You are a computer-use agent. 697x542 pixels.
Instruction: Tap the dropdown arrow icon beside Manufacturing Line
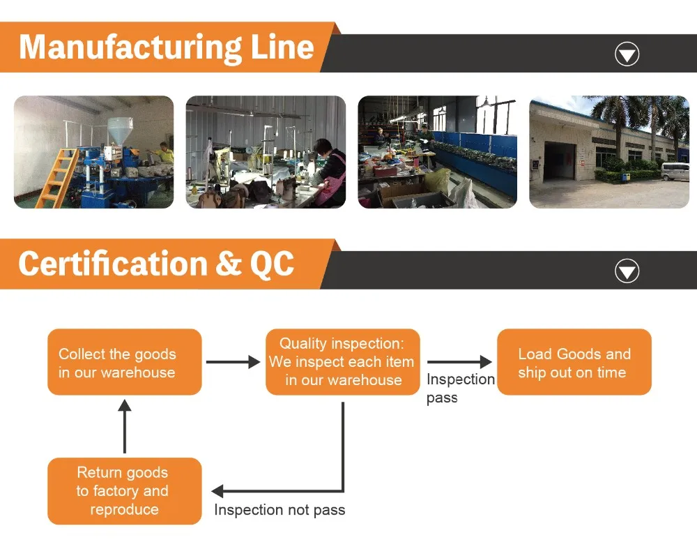(627, 54)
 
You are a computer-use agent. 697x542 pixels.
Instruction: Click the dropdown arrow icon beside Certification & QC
(627, 271)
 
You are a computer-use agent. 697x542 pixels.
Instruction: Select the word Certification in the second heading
(112, 264)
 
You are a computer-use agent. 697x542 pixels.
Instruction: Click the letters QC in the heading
(272, 264)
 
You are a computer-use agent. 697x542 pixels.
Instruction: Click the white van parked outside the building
(675, 171)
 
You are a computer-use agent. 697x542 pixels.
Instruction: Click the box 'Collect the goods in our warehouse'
(124, 363)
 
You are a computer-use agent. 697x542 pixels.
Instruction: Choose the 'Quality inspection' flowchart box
(343, 362)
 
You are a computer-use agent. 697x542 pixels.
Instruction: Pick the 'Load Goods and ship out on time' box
(574, 363)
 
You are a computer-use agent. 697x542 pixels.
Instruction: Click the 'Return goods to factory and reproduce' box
(124, 491)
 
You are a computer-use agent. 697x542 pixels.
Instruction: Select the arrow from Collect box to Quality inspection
(233, 362)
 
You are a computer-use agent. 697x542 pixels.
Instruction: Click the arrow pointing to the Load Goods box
(459, 362)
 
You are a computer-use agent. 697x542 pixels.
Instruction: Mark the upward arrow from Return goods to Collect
(124, 426)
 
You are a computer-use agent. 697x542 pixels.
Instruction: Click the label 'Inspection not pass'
(279, 510)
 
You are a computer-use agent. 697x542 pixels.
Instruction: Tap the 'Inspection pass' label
(460, 388)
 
